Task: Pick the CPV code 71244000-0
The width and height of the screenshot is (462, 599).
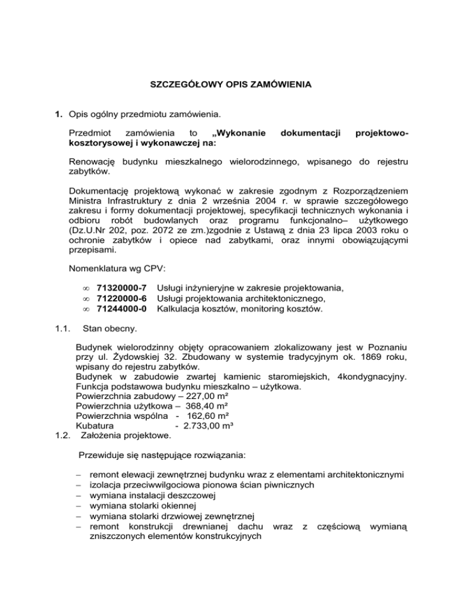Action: click(x=122, y=310)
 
